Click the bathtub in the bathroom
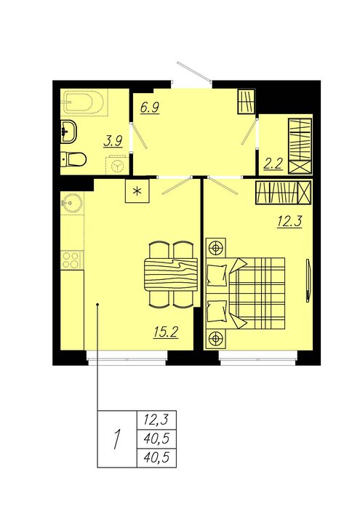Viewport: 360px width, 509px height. point(85,102)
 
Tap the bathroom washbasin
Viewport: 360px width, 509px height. point(68,132)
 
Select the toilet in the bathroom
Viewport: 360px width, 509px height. point(73,159)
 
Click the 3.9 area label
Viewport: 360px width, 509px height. point(113,142)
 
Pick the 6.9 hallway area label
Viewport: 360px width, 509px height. point(150,107)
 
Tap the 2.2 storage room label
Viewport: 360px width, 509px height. point(273,164)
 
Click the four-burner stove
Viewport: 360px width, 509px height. point(72,260)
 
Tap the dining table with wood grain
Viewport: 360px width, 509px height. point(171,275)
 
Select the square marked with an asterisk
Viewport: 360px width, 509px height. point(137,191)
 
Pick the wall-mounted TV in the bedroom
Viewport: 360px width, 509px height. point(308,281)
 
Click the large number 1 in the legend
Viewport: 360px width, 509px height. point(117,439)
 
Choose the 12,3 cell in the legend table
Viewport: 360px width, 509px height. point(157,420)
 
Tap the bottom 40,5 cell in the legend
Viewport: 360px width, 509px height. point(157,458)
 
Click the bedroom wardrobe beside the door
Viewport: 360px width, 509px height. point(284,193)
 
